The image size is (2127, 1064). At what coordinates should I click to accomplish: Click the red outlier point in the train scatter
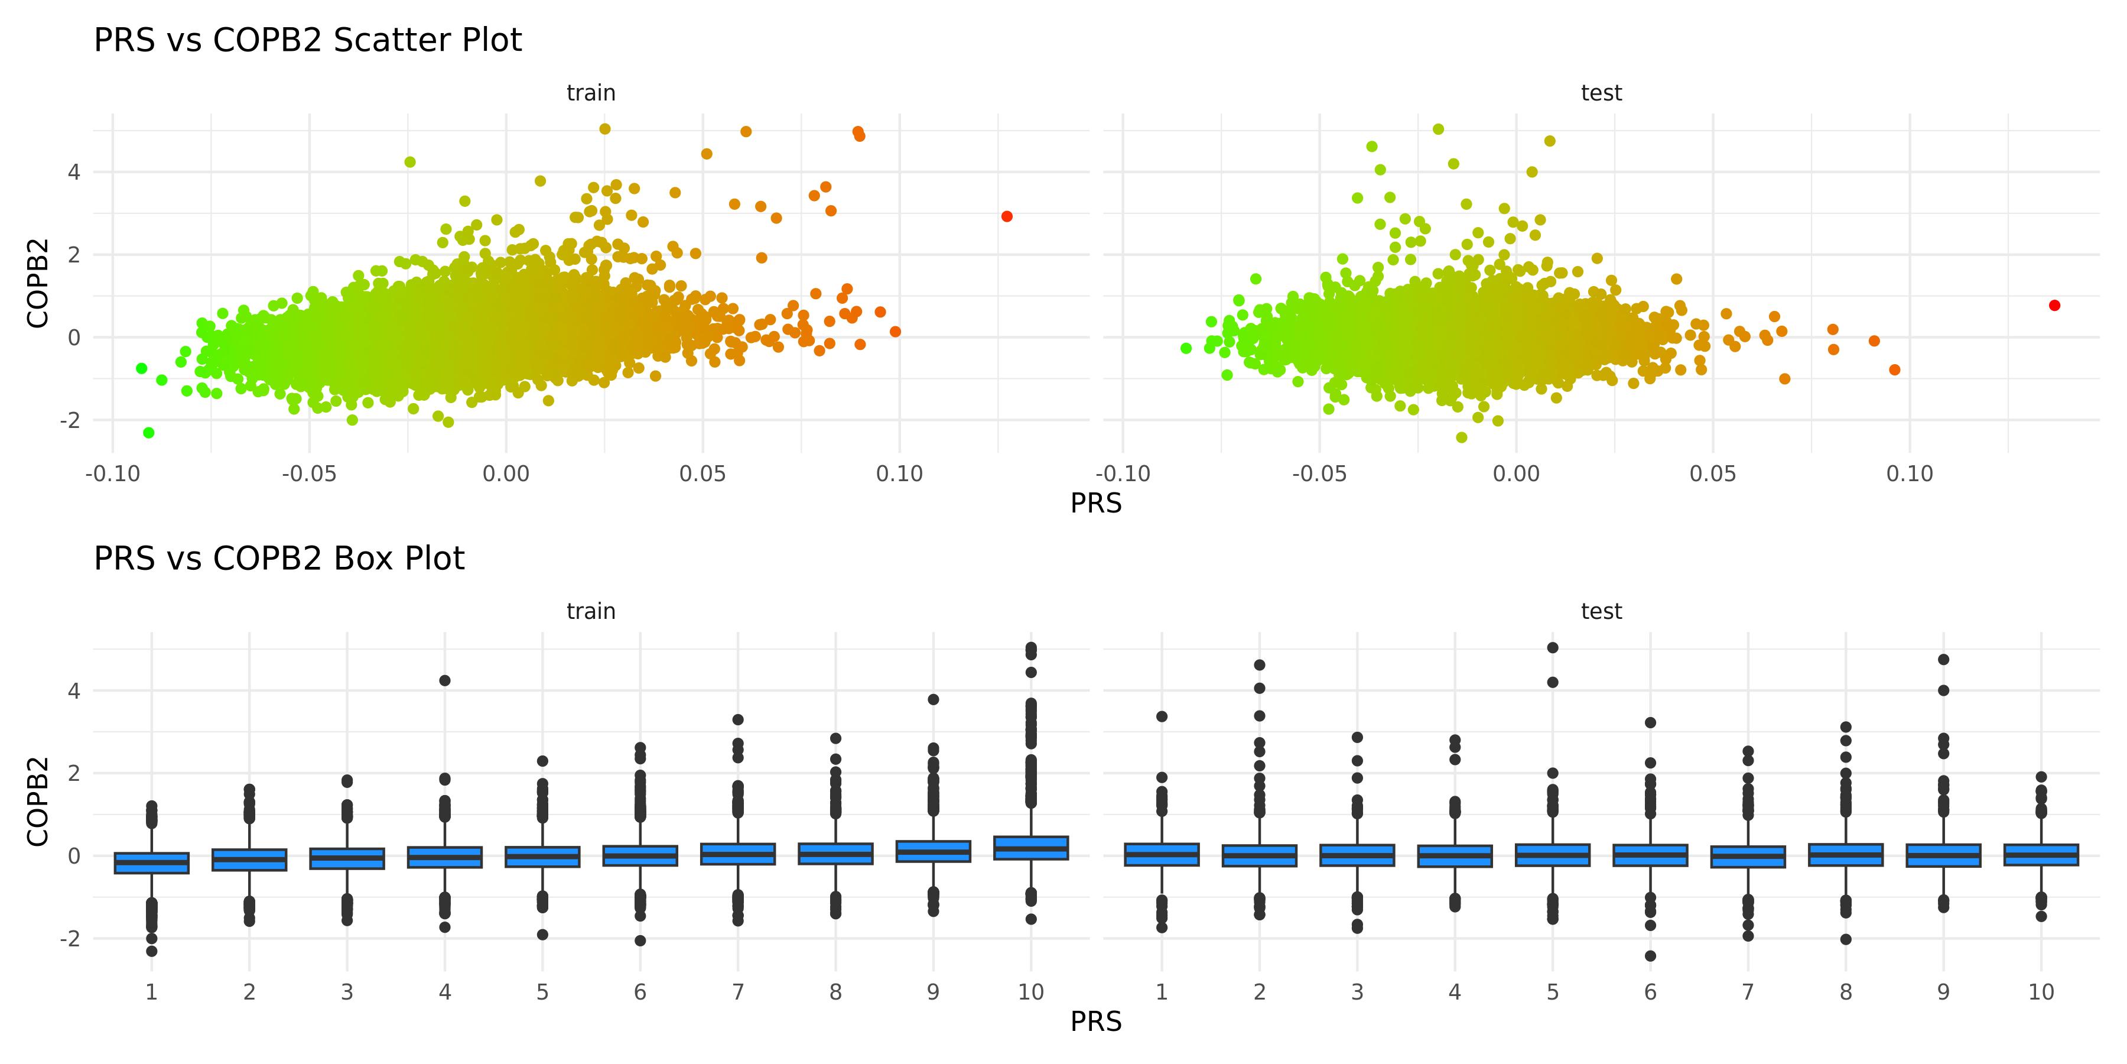[x=1007, y=216]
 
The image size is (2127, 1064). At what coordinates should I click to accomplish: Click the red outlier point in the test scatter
[x=2054, y=306]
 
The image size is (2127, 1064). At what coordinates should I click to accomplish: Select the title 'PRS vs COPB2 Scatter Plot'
[x=308, y=40]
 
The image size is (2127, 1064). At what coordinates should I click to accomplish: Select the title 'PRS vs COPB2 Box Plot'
[x=279, y=559]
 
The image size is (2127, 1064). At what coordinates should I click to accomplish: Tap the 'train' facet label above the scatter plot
[x=591, y=93]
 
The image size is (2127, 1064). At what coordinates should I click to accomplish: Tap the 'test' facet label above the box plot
[x=1601, y=611]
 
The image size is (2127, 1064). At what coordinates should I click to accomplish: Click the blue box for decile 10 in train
[x=1031, y=848]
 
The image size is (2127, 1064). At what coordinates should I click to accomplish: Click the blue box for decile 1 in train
[x=152, y=862]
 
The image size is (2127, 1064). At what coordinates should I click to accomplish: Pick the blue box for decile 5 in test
[x=1552, y=855]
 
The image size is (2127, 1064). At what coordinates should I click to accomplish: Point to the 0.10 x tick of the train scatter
[x=899, y=474]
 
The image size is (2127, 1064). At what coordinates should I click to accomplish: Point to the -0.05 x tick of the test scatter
[x=1319, y=474]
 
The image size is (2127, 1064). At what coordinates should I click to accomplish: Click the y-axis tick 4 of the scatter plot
[x=74, y=173]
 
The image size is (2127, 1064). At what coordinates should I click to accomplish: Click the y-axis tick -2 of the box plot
[x=70, y=939]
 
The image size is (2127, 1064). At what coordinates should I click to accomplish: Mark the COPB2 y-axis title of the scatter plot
[x=38, y=283]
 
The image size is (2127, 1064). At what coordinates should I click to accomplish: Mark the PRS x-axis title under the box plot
[x=1096, y=1022]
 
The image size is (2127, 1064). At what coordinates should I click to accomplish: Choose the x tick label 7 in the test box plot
[x=1748, y=992]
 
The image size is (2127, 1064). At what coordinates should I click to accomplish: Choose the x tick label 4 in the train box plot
[x=445, y=992]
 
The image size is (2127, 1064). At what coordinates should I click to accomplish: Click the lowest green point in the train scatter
[x=149, y=433]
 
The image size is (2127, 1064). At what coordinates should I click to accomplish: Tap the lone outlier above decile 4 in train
[x=444, y=681]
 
